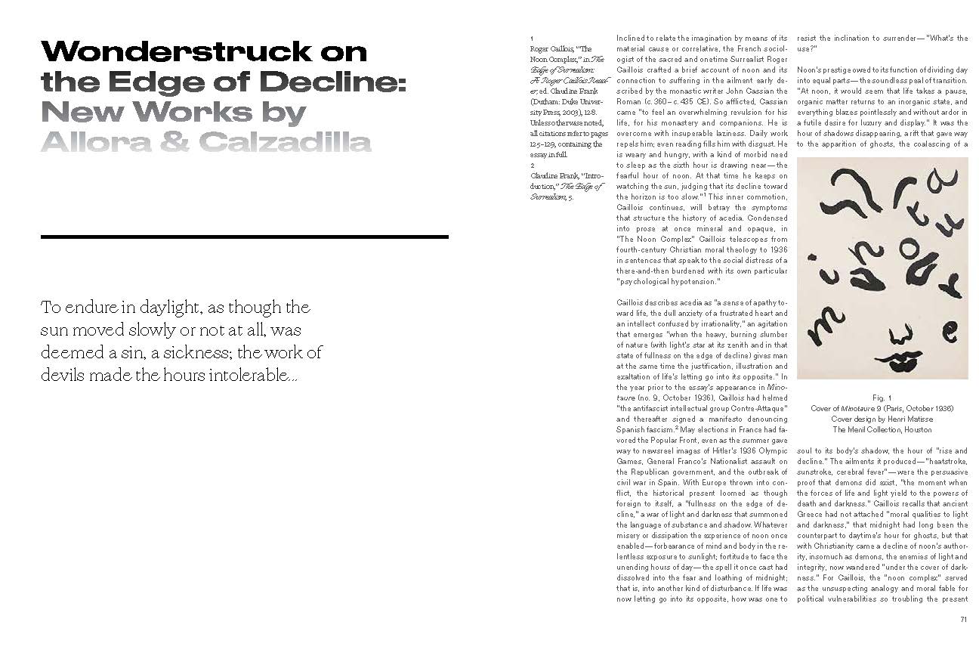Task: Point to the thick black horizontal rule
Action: coord(244,237)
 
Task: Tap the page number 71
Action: coord(963,620)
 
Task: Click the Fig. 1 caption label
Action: coord(882,398)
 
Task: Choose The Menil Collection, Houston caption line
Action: coord(882,429)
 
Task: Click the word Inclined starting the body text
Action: coord(632,38)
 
